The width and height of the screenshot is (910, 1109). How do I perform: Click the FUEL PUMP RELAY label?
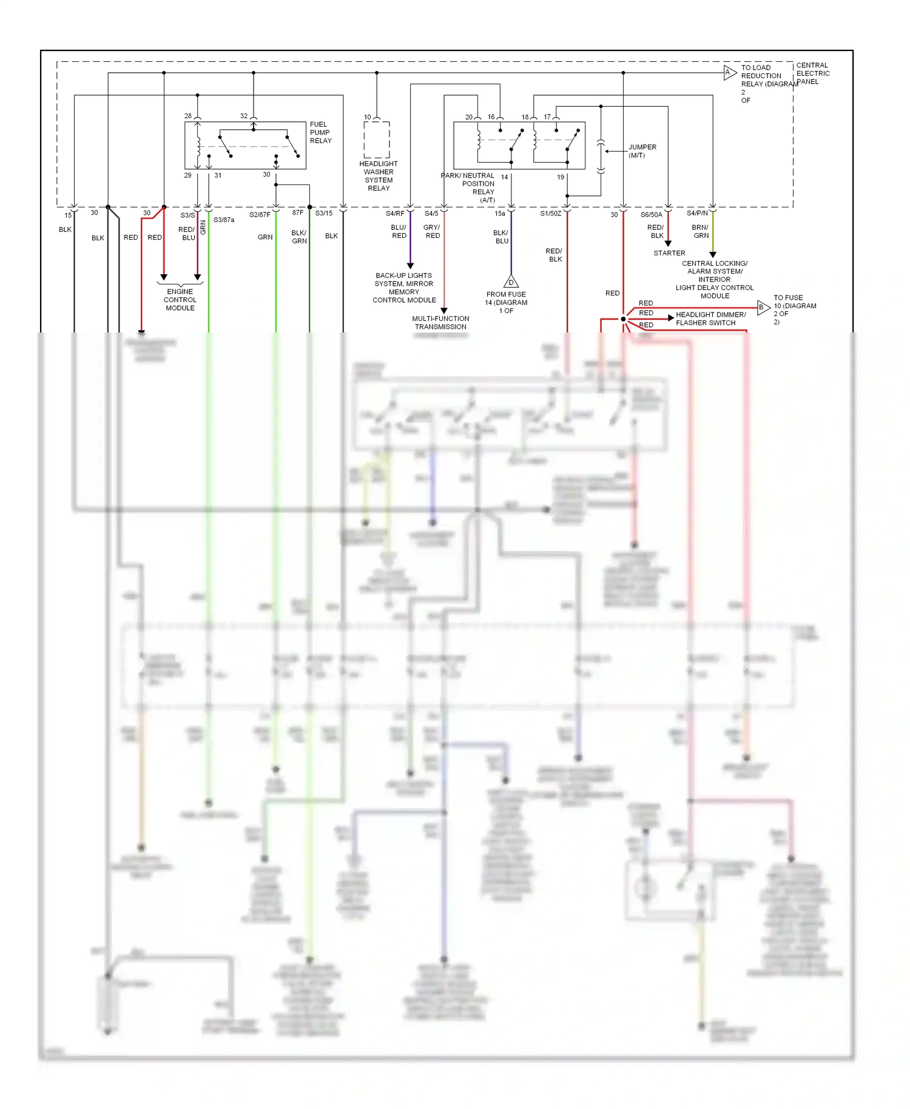(x=320, y=132)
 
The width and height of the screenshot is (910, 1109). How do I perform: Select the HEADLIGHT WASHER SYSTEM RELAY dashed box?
(x=377, y=140)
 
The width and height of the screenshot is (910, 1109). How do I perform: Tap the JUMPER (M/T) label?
(x=642, y=151)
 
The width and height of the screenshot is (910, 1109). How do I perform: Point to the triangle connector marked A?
(x=729, y=73)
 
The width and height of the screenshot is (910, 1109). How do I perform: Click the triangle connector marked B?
(x=763, y=307)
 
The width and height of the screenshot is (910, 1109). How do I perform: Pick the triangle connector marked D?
(x=511, y=281)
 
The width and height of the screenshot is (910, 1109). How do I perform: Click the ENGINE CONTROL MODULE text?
(x=180, y=300)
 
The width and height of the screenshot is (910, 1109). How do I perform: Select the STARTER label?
(x=669, y=253)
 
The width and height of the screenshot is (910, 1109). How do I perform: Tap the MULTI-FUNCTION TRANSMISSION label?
(x=440, y=322)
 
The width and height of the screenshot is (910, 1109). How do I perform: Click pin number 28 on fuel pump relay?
(x=188, y=116)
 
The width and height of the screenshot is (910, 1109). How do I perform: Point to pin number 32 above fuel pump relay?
(x=244, y=116)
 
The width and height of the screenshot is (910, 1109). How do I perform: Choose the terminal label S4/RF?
(x=395, y=214)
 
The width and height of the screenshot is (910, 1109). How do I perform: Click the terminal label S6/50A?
(x=652, y=215)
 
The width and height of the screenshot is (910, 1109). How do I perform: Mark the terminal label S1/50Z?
(x=551, y=214)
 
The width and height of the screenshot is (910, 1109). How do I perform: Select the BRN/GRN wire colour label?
(x=701, y=231)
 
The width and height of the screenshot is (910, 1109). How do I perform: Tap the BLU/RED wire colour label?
(x=399, y=231)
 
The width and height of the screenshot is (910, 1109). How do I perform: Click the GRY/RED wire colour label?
(x=432, y=231)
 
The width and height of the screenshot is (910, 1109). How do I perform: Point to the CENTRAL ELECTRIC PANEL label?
(x=812, y=73)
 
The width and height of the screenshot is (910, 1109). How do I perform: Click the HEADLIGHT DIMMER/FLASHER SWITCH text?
(x=710, y=319)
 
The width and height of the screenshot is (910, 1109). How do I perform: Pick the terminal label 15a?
(x=499, y=214)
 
